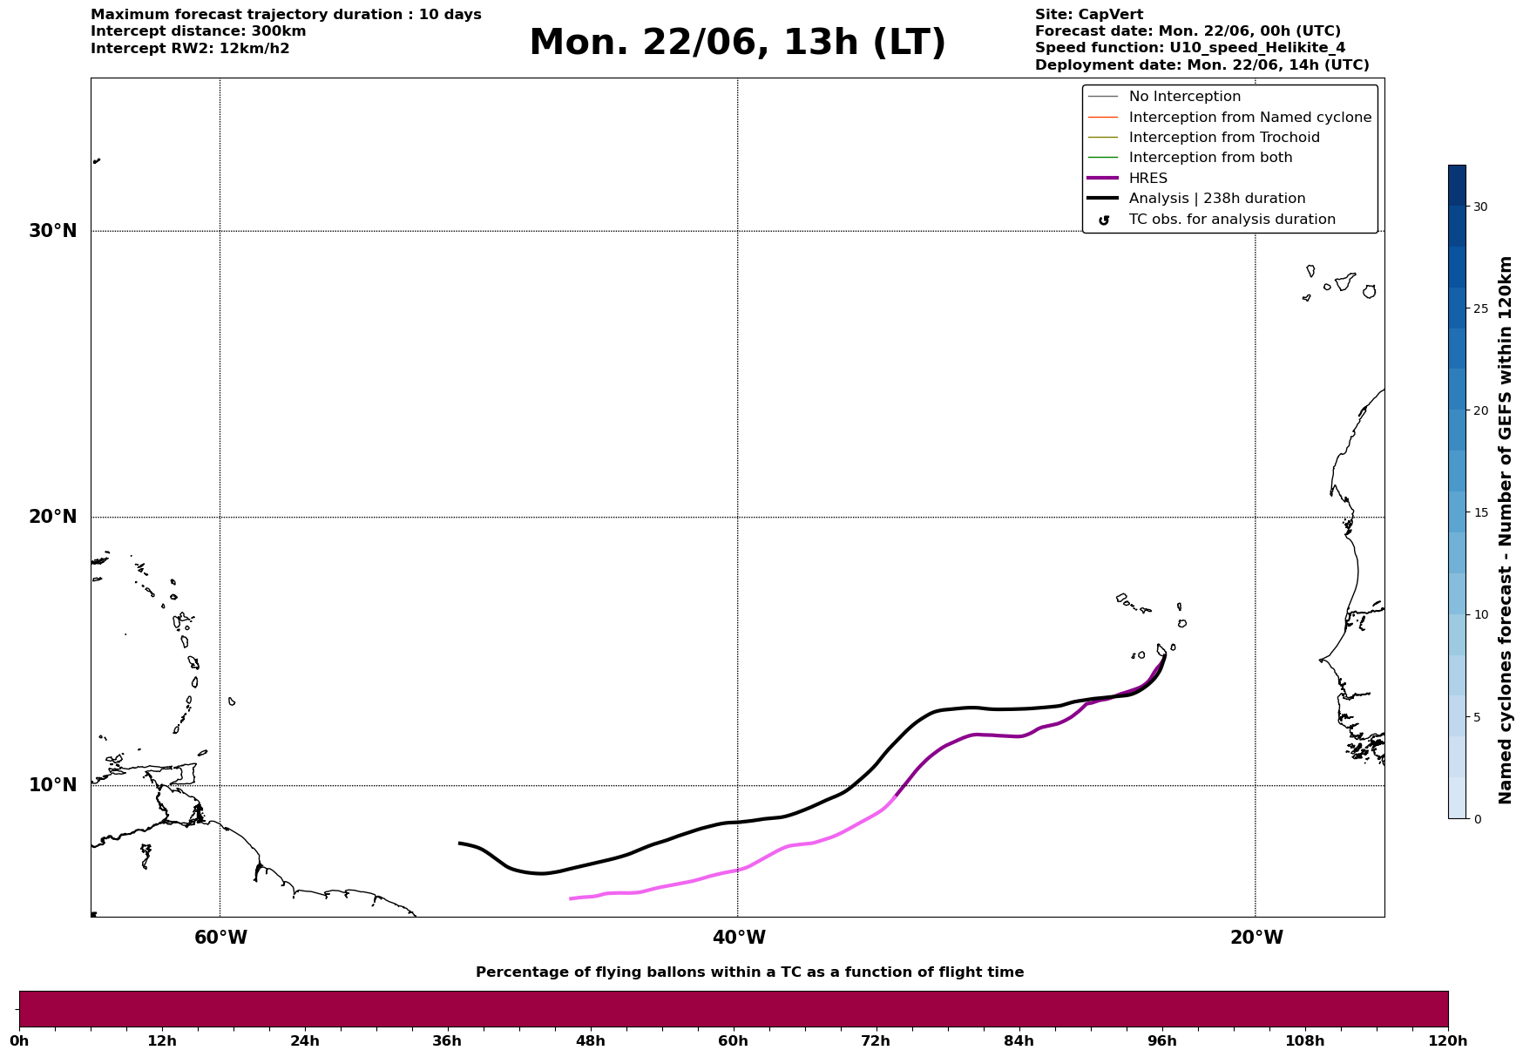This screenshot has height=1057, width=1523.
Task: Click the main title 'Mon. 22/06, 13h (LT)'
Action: click(737, 43)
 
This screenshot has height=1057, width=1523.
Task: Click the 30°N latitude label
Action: click(53, 231)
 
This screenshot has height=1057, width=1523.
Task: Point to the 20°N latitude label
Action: click(53, 517)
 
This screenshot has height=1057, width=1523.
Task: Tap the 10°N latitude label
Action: click(53, 785)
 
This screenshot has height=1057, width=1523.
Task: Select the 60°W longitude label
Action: click(220, 938)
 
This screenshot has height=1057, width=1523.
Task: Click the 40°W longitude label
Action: click(739, 938)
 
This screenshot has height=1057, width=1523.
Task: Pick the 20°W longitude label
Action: click(1256, 938)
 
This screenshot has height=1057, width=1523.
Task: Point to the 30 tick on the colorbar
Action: click(1480, 207)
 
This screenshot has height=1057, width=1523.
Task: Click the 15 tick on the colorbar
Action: click(1480, 512)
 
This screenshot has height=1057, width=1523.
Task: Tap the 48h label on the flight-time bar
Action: click(590, 1040)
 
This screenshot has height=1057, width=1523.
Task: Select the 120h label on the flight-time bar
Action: click(1448, 1040)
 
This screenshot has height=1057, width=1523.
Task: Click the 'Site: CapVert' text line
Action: click(1089, 15)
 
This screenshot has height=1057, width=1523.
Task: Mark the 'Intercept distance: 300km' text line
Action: click(199, 31)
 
